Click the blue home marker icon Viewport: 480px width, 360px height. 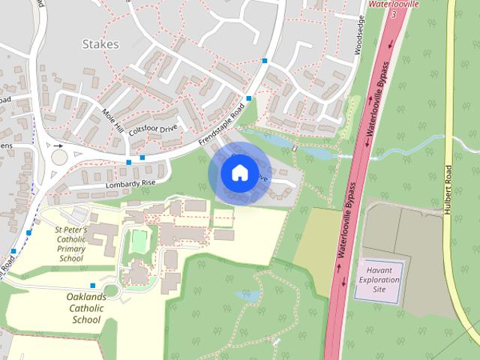[238, 172]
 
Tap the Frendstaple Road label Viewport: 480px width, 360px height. [223, 124]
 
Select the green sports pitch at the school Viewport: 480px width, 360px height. [138, 241]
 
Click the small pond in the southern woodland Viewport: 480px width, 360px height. [247, 295]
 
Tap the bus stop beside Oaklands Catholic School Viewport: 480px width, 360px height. [92, 286]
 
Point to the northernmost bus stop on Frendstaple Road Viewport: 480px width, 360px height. [265, 61]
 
